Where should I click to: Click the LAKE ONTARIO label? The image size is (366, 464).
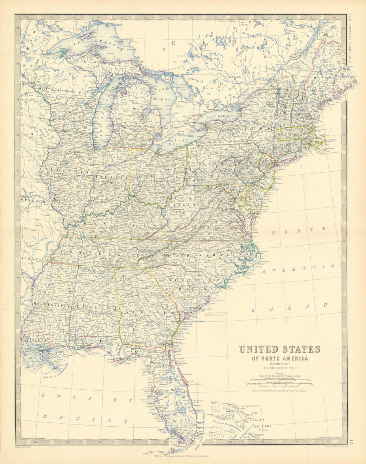click(x=220, y=116)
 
